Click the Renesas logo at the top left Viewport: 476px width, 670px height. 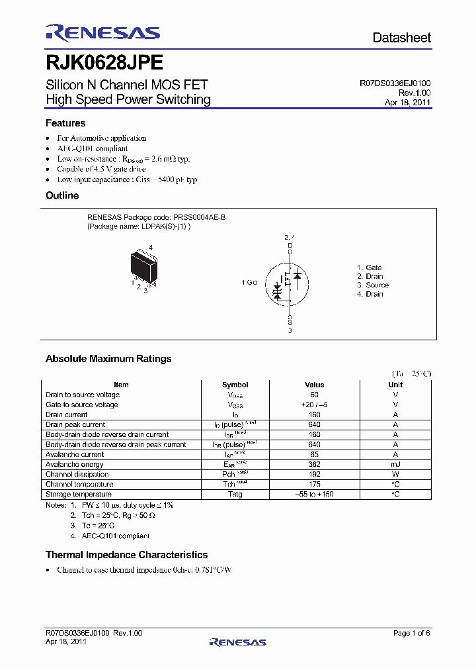102,33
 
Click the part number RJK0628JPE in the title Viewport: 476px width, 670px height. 104,62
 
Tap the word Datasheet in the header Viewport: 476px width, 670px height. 401,38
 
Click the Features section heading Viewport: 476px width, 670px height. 65,123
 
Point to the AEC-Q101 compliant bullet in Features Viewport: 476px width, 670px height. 92,148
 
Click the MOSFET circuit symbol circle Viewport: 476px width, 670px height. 288,283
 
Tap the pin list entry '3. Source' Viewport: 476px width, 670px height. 373,285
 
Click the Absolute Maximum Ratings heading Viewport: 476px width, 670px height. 108,359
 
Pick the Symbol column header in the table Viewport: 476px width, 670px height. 235,385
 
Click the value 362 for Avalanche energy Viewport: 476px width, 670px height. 314,464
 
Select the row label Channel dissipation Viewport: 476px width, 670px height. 77,474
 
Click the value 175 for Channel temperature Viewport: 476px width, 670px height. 314,484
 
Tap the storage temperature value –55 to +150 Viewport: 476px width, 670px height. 314,494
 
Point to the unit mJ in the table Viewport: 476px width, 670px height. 395,464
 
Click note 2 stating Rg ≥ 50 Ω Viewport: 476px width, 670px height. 113,515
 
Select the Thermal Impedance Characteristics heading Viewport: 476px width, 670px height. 126,555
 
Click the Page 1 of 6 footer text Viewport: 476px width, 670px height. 411,633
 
